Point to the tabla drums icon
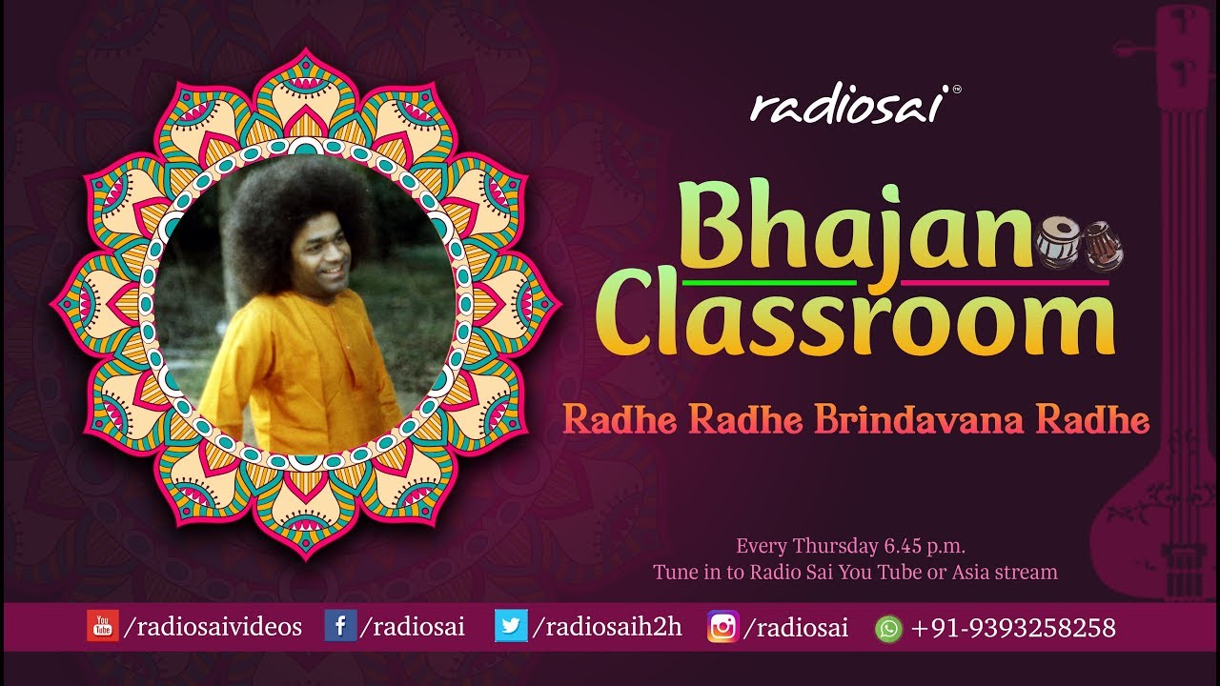pyautogui.click(x=1079, y=243)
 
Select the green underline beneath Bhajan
pyautogui.click(x=770, y=283)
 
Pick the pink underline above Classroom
pyautogui.click(x=1005, y=283)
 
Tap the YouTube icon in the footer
pyautogui.click(x=102, y=627)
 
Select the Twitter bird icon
pyautogui.click(x=511, y=627)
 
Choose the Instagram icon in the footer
pyautogui.click(x=722, y=627)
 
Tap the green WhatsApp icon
pyautogui.click(x=888, y=628)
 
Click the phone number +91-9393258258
pyautogui.click(x=1013, y=628)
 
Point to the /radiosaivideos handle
pyautogui.click(x=213, y=627)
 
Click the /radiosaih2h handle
pyautogui.click(x=607, y=627)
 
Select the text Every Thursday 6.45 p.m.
pyautogui.click(x=850, y=547)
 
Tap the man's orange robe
pyautogui.click(x=295, y=367)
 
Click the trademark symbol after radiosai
pyautogui.click(x=957, y=91)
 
